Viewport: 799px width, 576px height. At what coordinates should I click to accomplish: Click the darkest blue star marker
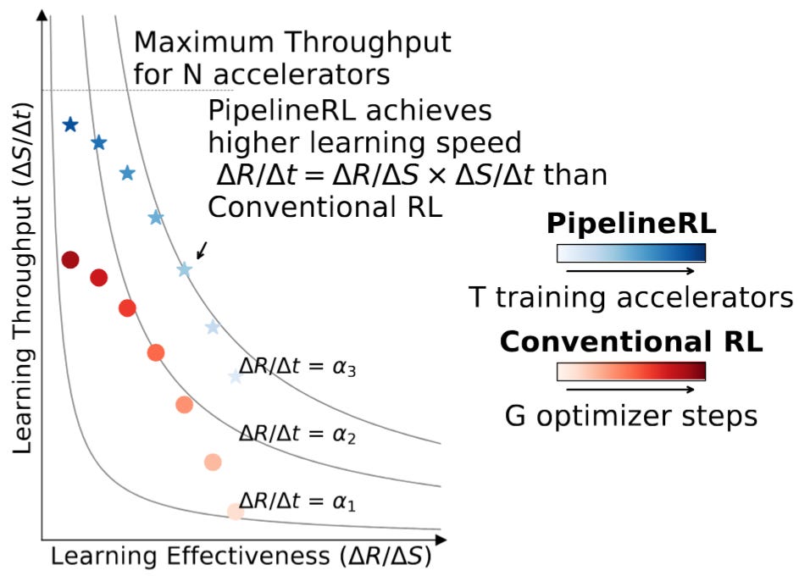pyautogui.click(x=70, y=125)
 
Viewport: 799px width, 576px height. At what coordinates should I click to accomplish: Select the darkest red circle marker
pyautogui.click(x=70, y=260)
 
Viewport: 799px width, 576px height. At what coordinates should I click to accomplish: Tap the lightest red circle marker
pyautogui.click(x=236, y=512)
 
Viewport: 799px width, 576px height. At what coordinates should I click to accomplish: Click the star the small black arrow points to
pyautogui.click(x=185, y=269)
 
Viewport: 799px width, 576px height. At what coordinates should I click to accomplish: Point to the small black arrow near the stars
pyautogui.click(x=201, y=249)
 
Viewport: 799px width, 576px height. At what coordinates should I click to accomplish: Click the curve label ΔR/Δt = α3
pyautogui.click(x=297, y=369)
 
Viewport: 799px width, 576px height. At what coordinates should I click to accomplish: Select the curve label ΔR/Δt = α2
pyautogui.click(x=297, y=433)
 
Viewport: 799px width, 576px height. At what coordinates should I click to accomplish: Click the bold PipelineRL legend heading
pyautogui.click(x=631, y=224)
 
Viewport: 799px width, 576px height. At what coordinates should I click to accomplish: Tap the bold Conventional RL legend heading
pyautogui.click(x=631, y=341)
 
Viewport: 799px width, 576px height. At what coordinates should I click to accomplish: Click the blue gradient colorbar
pyautogui.click(x=631, y=253)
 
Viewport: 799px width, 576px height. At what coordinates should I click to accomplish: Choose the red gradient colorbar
pyautogui.click(x=631, y=372)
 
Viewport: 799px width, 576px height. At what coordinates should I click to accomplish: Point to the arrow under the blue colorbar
pyautogui.click(x=631, y=271)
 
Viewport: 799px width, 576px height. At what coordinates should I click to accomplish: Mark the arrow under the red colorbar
pyautogui.click(x=631, y=390)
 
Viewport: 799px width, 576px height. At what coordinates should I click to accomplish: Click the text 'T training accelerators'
pyautogui.click(x=631, y=297)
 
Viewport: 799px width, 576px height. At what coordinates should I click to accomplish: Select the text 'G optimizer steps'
pyautogui.click(x=631, y=416)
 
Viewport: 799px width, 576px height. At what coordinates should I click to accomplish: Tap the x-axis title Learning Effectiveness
pyautogui.click(x=241, y=557)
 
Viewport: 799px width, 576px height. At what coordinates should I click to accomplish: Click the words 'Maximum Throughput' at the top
pyautogui.click(x=292, y=42)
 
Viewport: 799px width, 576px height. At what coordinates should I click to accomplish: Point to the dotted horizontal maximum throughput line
pyautogui.click(x=136, y=90)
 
